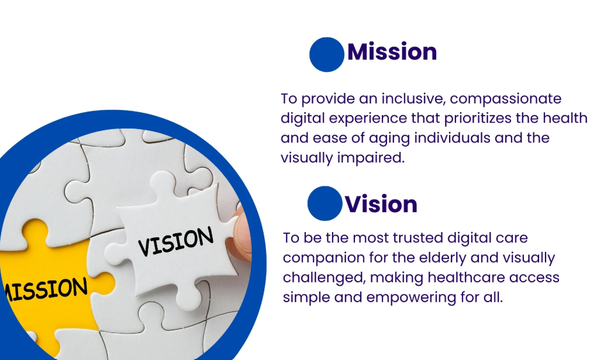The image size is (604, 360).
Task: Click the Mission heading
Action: [392, 52]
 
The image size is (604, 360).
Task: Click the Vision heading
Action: [381, 205]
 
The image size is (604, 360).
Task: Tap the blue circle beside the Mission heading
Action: [326, 54]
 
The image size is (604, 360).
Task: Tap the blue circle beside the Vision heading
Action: [324, 203]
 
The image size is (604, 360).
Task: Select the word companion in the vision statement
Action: [325, 258]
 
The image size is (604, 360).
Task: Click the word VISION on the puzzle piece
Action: [176, 241]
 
